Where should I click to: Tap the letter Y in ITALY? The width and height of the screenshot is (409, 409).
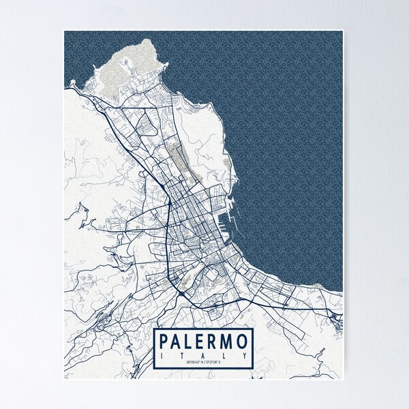(x=245, y=354)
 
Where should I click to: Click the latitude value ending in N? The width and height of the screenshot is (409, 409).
(x=190, y=362)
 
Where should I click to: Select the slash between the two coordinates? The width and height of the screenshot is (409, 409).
(x=204, y=362)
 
